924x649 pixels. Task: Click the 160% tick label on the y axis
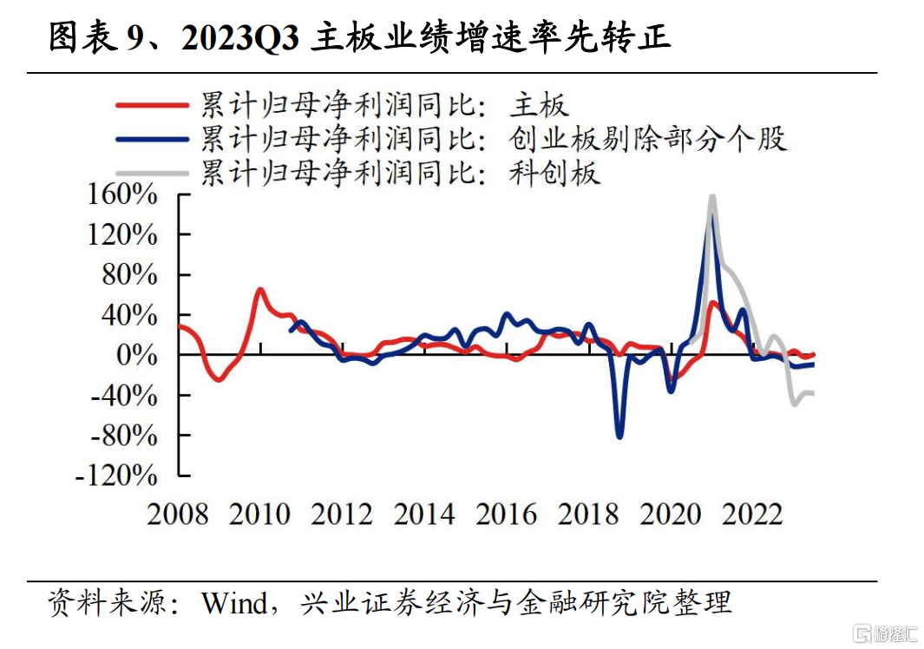pos(122,194)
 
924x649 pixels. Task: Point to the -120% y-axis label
pos(116,475)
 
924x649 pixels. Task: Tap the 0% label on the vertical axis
pos(137,355)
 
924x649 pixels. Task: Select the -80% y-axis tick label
pos(124,435)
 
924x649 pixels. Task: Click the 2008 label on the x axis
pos(177,514)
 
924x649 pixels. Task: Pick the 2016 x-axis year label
pos(506,514)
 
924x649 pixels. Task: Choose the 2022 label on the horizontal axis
pos(752,514)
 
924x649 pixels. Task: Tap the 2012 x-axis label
pos(342,514)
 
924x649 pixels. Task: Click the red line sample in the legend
pos(152,106)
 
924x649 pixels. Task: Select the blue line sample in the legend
pos(152,140)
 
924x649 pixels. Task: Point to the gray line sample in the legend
pos(152,174)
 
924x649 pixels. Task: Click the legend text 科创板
pos(554,174)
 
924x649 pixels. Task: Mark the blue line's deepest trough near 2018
pos(619,436)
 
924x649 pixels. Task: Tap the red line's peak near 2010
pos(260,290)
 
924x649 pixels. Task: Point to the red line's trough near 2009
pos(219,379)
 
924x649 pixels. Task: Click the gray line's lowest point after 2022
pos(795,403)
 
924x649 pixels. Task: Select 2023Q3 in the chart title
pos(240,37)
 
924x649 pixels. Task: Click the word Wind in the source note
pos(234,602)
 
